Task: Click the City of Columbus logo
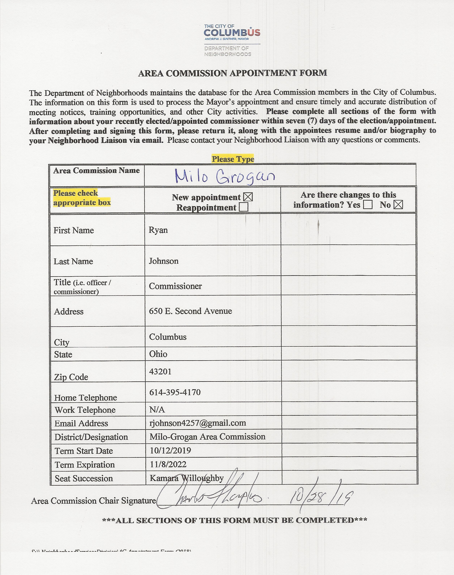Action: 232,40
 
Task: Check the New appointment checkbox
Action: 248,197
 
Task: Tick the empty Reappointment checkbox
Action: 243,207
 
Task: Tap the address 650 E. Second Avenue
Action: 190,311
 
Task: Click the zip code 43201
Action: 160,371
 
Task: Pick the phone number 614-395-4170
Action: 175,392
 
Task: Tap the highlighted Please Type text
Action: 233,159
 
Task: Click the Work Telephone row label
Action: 85,410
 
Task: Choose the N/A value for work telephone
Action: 157,410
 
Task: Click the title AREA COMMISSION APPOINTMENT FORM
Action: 233,73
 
